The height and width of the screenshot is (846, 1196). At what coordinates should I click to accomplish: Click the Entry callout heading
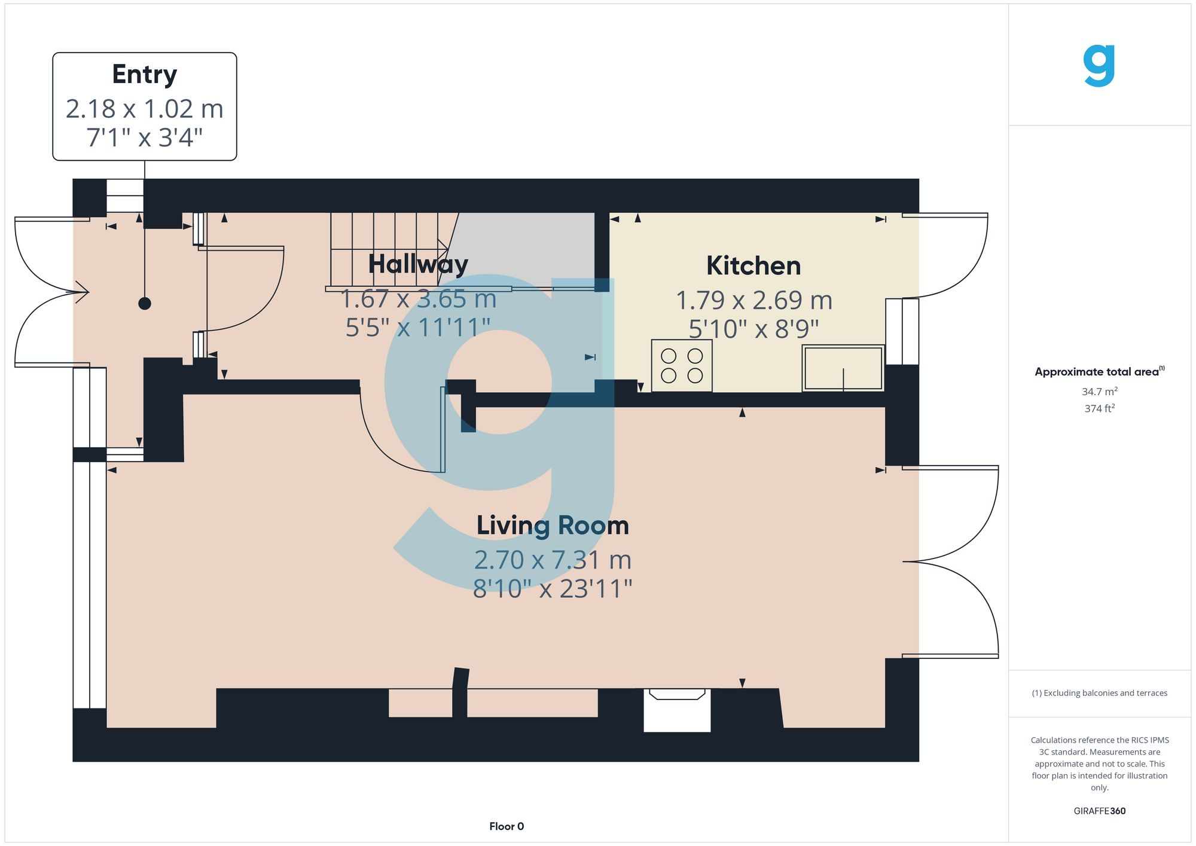[145, 75]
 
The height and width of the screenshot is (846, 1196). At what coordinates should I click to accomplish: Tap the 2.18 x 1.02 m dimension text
[145, 109]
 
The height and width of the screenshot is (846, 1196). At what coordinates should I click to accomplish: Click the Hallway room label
[418, 264]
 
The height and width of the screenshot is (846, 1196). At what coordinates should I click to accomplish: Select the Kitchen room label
[753, 266]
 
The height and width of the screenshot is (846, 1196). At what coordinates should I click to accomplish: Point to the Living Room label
[553, 526]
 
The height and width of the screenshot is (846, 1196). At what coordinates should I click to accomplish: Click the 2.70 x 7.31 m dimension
[553, 560]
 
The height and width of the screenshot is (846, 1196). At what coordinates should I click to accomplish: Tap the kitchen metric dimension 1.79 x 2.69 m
[753, 300]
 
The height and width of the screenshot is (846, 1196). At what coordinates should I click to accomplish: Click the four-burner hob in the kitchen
[682, 365]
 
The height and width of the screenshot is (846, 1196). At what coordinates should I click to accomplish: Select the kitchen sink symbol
[843, 368]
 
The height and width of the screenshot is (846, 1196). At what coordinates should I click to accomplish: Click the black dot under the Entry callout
[145, 304]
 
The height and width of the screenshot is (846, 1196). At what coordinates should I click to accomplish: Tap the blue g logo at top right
[1099, 66]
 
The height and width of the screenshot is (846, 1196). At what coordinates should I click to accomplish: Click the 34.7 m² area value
[1099, 392]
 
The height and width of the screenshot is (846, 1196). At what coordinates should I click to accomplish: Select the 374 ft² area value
[1099, 408]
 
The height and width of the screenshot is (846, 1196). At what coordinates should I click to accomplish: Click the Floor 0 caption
[507, 826]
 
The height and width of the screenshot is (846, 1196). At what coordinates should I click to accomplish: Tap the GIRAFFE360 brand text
[1099, 811]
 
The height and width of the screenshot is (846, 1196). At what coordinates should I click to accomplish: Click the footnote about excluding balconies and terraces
[1099, 693]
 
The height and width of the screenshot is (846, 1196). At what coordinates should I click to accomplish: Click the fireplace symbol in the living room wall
[677, 710]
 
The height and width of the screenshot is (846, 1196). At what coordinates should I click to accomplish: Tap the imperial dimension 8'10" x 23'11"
[553, 589]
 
